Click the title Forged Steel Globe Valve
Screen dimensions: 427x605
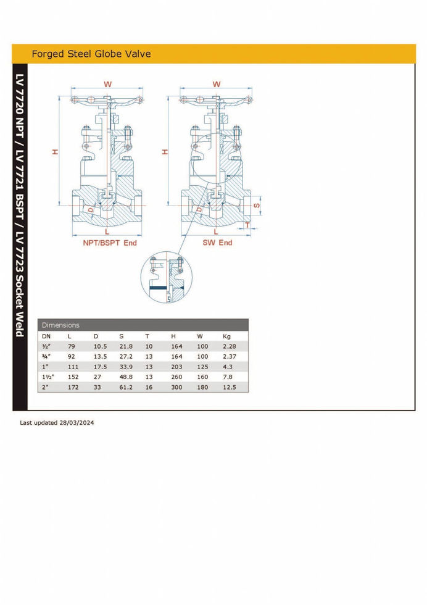pos(91,54)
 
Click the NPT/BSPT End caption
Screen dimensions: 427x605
pos(110,243)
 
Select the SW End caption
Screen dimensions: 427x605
pos(218,243)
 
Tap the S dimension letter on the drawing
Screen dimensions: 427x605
pos(257,205)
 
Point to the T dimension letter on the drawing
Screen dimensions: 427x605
pos(247,225)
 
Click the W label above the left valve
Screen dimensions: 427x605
pos(107,84)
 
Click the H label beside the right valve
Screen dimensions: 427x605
pos(165,152)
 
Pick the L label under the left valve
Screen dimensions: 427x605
pos(107,232)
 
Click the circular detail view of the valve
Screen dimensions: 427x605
pos(166,277)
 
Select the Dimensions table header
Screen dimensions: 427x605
pos(60,325)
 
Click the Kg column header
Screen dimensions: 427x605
pos(226,336)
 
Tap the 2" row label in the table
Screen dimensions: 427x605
pos(46,387)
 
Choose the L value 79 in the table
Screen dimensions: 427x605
pos(72,346)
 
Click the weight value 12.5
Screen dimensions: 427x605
pos(229,387)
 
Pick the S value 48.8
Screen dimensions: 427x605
pos(126,377)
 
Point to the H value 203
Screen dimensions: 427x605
pos(176,367)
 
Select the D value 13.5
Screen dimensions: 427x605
pos(101,357)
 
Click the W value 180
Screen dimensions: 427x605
pos(202,387)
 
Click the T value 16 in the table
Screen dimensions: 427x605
pos(149,387)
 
